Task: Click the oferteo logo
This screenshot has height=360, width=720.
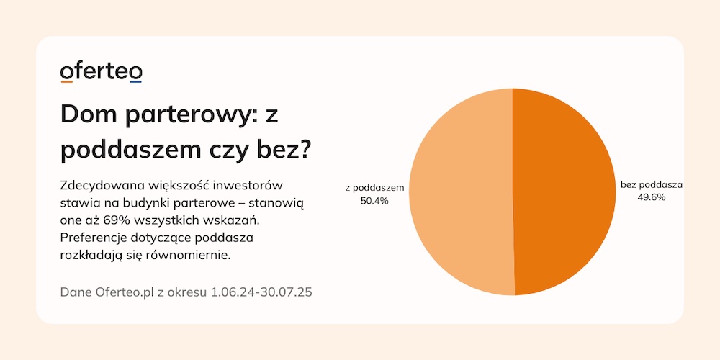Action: [x=101, y=73]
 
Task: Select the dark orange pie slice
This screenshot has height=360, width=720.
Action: [x=564, y=192]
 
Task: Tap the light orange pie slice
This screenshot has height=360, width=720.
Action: [x=461, y=192]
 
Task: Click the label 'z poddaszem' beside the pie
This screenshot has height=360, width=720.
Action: [x=374, y=188]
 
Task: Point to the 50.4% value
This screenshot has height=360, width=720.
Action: [x=374, y=201]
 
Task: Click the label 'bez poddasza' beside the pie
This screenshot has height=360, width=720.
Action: [x=651, y=185]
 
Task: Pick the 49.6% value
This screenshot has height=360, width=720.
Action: [x=651, y=197]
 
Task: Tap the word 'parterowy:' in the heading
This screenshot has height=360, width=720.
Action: [x=183, y=116]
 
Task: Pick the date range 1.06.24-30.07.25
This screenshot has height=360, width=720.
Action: [x=261, y=292]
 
